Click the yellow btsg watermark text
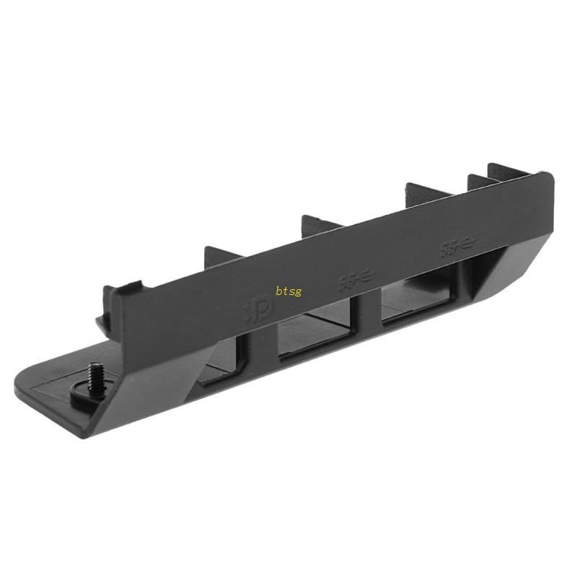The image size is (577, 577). point(288,291)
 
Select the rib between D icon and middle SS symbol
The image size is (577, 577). point(321,221)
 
